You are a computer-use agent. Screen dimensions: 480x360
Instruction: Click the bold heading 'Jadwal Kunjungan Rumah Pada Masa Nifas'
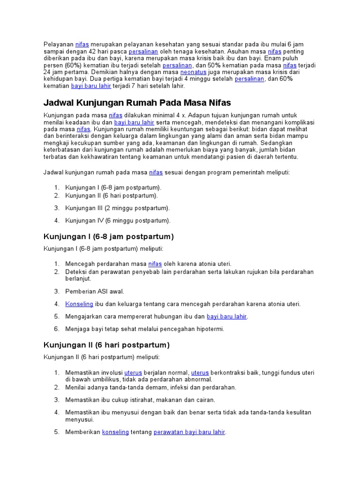point(137,103)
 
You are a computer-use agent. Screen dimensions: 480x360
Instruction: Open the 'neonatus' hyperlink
point(180,72)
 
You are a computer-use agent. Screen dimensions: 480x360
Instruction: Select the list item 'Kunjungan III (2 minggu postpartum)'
point(118,208)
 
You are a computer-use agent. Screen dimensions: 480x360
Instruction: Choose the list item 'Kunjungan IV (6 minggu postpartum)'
point(118,220)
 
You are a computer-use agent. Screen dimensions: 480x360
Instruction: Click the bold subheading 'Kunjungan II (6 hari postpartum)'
point(106,345)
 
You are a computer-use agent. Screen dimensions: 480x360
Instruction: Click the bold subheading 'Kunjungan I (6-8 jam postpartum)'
point(109,236)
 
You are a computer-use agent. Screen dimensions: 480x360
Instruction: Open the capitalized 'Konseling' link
point(79,304)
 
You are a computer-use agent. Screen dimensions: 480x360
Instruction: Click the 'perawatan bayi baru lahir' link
point(189,432)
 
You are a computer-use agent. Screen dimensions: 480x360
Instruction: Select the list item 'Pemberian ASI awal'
point(95,291)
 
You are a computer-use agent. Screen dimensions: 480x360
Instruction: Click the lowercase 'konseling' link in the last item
point(115,432)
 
